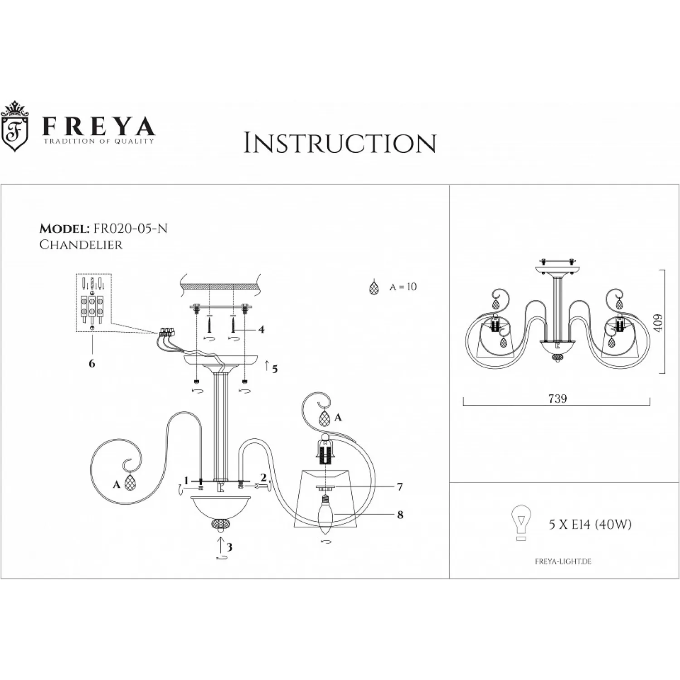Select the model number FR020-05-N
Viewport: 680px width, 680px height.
tap(130, 228)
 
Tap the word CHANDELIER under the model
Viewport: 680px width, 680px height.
tap(81, 245)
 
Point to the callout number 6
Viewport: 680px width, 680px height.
tap(92, 363)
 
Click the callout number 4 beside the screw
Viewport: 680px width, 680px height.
tap(261, 329)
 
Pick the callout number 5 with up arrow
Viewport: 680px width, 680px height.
tap(274, 369)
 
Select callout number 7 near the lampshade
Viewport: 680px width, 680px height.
tap(399, 487)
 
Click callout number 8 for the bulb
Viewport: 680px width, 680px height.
tap(400, 515)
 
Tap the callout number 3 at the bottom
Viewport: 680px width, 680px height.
tap(229, 547)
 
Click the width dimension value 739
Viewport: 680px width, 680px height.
tap(558, 398)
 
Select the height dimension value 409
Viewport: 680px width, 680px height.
tap(658, 322)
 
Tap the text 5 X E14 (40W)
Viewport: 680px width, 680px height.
tap(590, 525)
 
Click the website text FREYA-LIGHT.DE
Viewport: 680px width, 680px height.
tap(563, 562)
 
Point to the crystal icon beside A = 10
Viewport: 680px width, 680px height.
tap(374, 287)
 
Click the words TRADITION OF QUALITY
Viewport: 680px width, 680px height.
tap(98, 141)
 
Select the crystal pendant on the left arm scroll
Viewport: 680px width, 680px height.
tap(131, 483)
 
